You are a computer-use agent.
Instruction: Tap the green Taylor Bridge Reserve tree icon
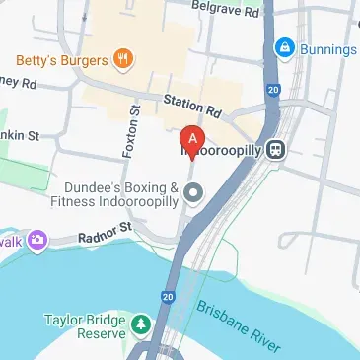141,324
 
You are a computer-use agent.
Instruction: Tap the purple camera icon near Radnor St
37,240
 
